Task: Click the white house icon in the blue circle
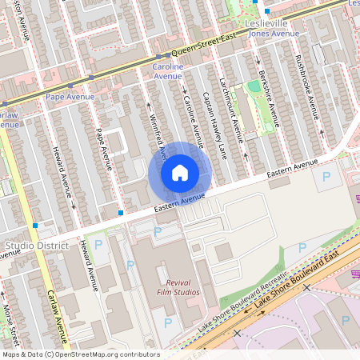coord(180,171)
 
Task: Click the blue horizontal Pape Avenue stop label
coord(70,97)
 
